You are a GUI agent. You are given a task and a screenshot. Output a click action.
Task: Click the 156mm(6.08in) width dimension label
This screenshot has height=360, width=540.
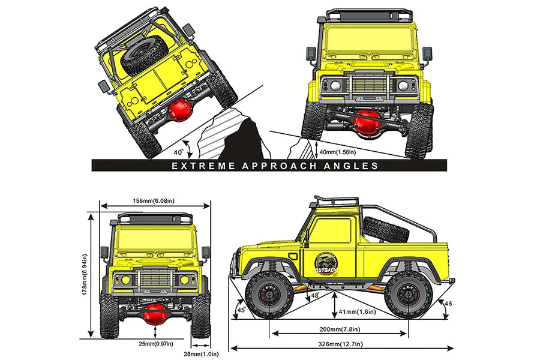click(x=155, y=201)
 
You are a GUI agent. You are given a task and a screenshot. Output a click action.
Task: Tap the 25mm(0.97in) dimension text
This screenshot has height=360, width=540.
click(x=156, y=344)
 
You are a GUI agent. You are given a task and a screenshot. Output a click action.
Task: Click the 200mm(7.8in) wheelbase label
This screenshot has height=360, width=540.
click(x=340, y=329)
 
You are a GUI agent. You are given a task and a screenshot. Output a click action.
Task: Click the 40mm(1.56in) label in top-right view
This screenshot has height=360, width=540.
click(x=344, y=153)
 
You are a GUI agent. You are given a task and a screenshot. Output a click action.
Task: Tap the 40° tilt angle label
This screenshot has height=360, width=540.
click(x=179, y=144)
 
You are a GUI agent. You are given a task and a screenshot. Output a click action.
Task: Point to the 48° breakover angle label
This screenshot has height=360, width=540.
click(x=316, y=295)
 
